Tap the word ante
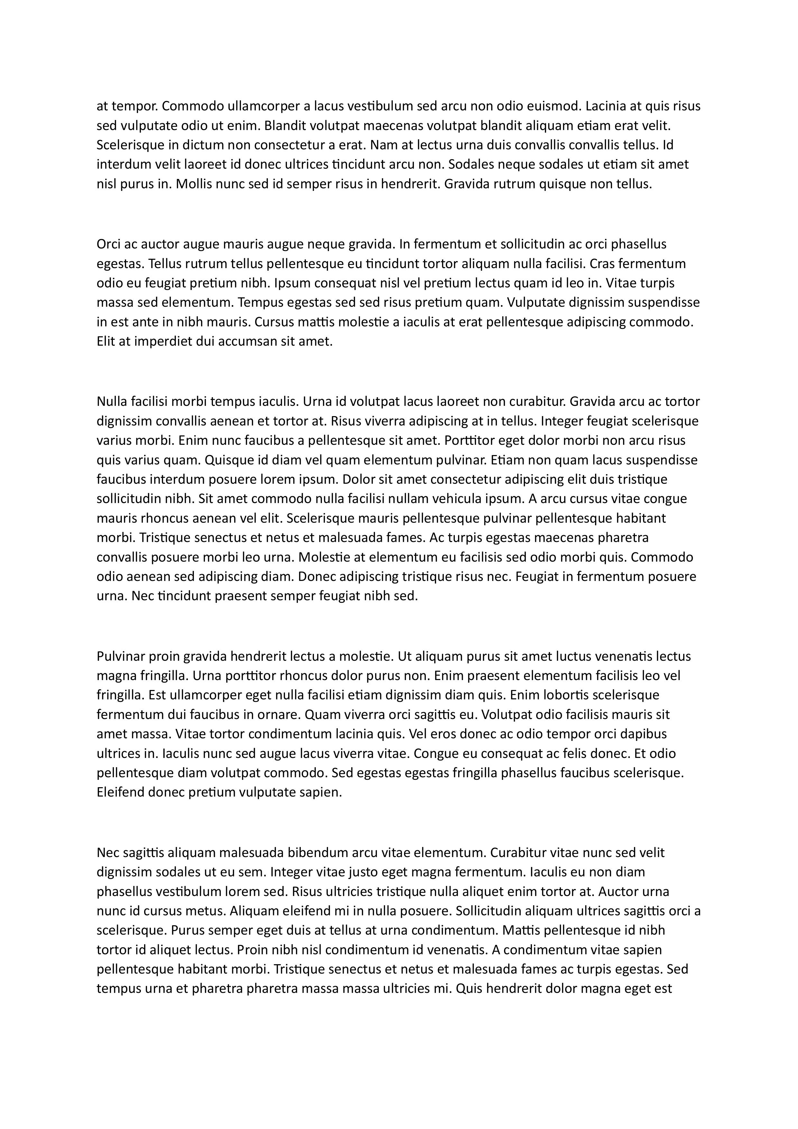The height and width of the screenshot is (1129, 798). tap(142, 322)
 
